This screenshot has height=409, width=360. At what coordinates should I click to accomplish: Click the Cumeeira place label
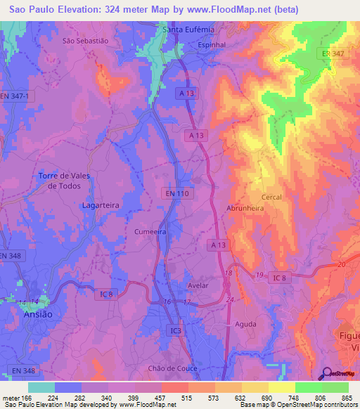pos(149,231)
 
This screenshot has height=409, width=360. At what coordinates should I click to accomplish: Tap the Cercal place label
pos(271,197)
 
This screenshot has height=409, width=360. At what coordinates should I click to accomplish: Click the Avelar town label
pos(200,286)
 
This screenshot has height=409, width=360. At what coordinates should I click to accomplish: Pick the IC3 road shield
pos(175,329)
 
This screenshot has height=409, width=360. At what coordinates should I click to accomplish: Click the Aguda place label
pos(245,324)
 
